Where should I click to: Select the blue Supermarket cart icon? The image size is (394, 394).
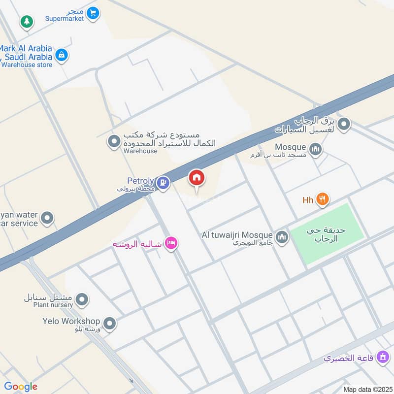(x=93, y=13)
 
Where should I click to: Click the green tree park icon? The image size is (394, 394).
(x=27, y=22)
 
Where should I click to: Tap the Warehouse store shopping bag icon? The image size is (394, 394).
(x=61, y=55)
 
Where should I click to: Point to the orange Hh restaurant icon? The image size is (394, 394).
(x=323, y=199)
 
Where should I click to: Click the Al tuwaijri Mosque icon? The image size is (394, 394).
(x=282, y=237)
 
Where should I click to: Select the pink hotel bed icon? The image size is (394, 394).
(x=171, y=243)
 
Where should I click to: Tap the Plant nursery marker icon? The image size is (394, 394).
(x=82, y=299)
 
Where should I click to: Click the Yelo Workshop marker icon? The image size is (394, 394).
(x=110, y=324)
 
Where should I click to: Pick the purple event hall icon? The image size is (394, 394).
(x=383, y=358)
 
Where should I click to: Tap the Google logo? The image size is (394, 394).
(x=21, y=387)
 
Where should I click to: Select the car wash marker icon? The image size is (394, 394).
(x=345, y=124)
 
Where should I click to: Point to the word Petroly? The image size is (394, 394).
(x=140, y=181)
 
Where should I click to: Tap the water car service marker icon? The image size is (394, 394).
(x=47, y=218)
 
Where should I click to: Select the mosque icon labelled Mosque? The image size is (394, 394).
(x=316, y=148)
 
